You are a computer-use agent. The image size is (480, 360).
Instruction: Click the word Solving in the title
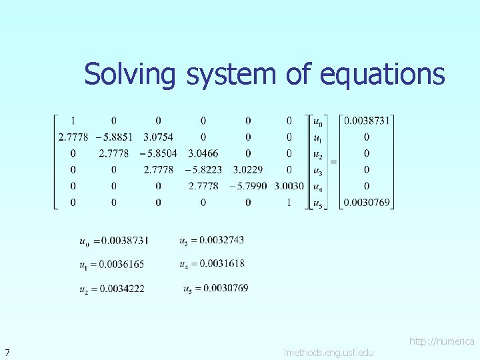click(129, 74)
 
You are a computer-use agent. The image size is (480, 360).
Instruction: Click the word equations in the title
click(382, 74)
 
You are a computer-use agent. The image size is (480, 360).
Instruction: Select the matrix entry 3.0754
click(158, 137)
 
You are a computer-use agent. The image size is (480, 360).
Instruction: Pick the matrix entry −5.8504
click(158, 153)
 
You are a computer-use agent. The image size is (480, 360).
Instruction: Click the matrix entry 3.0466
click(203, 153)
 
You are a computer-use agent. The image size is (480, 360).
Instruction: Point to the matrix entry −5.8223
click(203, 169)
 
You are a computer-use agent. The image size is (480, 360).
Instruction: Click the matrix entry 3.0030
click(289, 186)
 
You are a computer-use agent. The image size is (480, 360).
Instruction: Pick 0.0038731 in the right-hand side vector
click(367, 121)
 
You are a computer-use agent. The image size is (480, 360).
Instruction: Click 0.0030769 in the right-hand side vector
click(367, 202)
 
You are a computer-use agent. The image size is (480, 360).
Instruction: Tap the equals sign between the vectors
click(332, 161)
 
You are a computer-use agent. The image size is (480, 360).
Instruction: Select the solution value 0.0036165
click(121, 265)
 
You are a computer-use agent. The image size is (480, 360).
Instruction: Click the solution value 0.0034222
click(121, 289)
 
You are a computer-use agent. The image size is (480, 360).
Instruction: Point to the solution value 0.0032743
click(221, 240)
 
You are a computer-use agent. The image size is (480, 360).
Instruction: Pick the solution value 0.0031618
click(221, 264)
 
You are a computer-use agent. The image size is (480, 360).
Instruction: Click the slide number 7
click(6, 352)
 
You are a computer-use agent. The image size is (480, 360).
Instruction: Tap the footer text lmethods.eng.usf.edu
click(329, 352)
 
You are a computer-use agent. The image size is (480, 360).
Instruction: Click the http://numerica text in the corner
click(441, 341)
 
